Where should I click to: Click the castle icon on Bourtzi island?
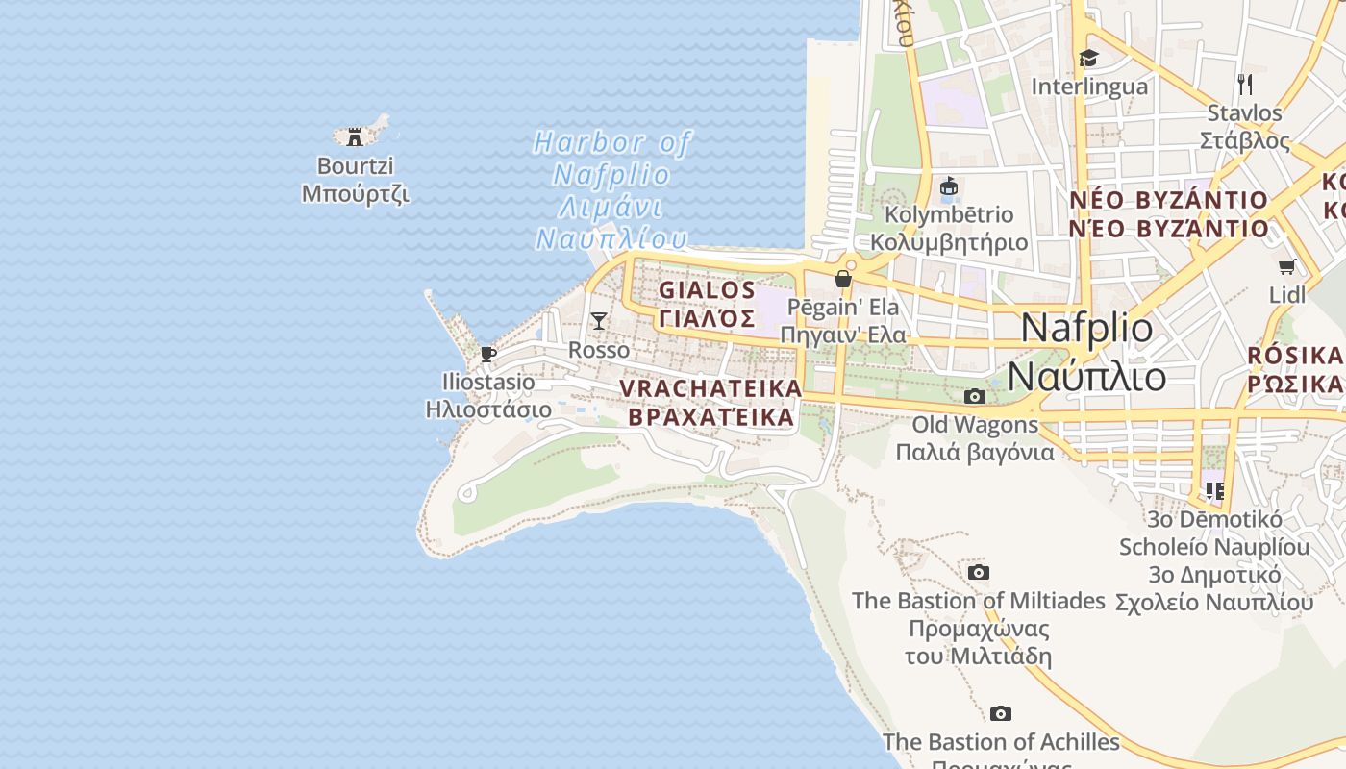(355, 136)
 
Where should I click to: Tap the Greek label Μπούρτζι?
(355, 193)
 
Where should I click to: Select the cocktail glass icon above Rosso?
(599, 321)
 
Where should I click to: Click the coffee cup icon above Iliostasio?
(488, 354)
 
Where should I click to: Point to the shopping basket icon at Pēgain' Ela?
(843, 279)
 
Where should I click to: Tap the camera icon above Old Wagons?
(974, 396)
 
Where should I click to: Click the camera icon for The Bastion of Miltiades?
(979, 573)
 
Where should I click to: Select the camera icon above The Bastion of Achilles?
(1001, 714)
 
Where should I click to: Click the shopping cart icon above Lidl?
(1287, 266)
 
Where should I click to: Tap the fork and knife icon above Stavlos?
(1245, 85)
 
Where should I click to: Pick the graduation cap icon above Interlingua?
(1088, 59)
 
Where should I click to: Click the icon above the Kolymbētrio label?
(949, 186)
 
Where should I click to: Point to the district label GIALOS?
(708, 290)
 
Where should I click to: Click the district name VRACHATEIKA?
(710, 388)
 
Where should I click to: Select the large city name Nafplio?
(1086, 328)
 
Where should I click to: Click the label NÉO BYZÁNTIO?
(1169, 200)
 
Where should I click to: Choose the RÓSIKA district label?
(1295, 356)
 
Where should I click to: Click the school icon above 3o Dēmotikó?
(1215, 491)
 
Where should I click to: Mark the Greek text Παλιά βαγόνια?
(975, 452)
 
